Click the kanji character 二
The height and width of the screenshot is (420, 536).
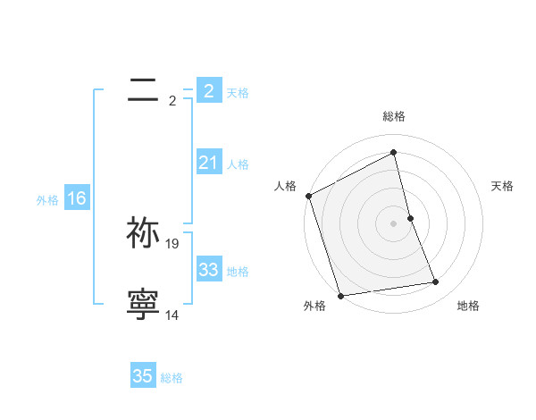point(144,88)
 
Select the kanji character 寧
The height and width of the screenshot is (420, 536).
point(144,304)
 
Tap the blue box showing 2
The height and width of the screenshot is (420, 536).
point(208,90)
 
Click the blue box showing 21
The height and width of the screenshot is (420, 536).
point(208,163)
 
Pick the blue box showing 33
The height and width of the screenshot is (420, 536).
point(208,270)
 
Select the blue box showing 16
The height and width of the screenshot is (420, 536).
point(76,198)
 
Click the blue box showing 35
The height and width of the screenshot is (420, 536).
point(143,376)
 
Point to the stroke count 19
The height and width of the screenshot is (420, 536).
point(172,243)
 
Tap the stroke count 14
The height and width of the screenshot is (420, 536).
point(172,315)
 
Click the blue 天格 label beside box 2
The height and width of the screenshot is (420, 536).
point(238,93)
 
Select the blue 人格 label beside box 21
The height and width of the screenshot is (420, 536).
point(238,164)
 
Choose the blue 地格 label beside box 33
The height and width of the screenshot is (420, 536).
point(238,272)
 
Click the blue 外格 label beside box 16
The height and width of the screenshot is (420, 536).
point(47,200)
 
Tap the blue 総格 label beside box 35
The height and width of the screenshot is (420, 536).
point(172,378)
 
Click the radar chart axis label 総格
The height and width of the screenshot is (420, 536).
point(394,116)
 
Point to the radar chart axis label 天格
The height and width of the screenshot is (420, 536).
point(502,186)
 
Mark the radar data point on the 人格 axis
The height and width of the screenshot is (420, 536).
point(308,196)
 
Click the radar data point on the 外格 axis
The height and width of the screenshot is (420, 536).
point(340,295)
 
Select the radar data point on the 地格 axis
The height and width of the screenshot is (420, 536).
point(436,282)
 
